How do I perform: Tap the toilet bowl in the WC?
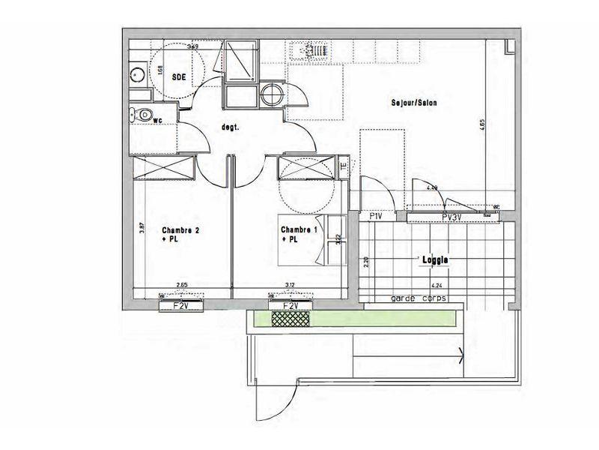[x=145, y=115]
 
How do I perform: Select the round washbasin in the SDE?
[x=138, y=75]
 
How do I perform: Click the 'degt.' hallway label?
[x=230, y=127]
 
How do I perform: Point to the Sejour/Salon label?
[x=413, y=103]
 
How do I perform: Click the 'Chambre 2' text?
[x=180, y=230]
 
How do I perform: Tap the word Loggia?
[x=435, y=259]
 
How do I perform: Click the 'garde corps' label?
[x=419, y=298]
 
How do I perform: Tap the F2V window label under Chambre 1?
[x=289, y=307]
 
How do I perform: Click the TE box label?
[x=343, y=167]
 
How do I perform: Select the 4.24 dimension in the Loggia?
[x=437, y=285]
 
